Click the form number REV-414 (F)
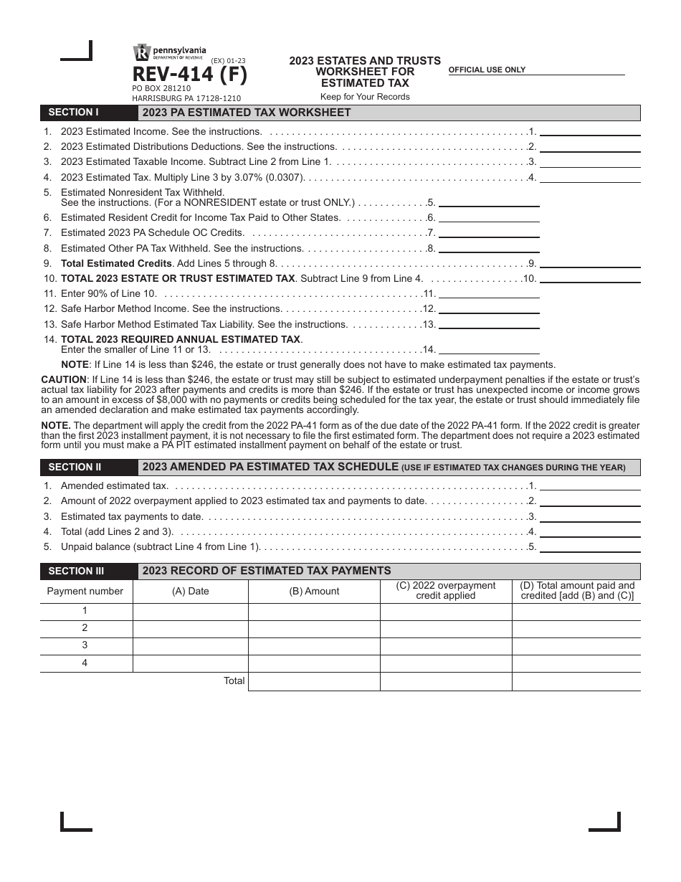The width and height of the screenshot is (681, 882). tap(189, 75)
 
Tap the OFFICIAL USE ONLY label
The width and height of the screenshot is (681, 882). tap(487, 70)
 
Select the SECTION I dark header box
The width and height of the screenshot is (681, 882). tap(89, 113)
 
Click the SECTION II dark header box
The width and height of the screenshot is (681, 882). tap(89, 468)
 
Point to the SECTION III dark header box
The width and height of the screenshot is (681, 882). tap(89, 572)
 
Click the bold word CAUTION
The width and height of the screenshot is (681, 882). tap(64, 378)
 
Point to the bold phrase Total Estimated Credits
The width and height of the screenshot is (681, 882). tap(116, 263)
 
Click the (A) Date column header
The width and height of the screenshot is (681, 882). tap(190, 592)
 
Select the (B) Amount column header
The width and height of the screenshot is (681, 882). tap(314, 592)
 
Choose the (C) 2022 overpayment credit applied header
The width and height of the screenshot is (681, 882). tap(445, 591)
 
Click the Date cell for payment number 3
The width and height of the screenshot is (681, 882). tap(190, 645)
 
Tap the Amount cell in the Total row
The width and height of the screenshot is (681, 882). tap(314, 681)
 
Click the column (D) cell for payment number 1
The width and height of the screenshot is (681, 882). tap(576, 611)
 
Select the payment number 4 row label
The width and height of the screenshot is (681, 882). tap(85, 663)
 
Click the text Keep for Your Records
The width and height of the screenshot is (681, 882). tap(365, 97)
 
